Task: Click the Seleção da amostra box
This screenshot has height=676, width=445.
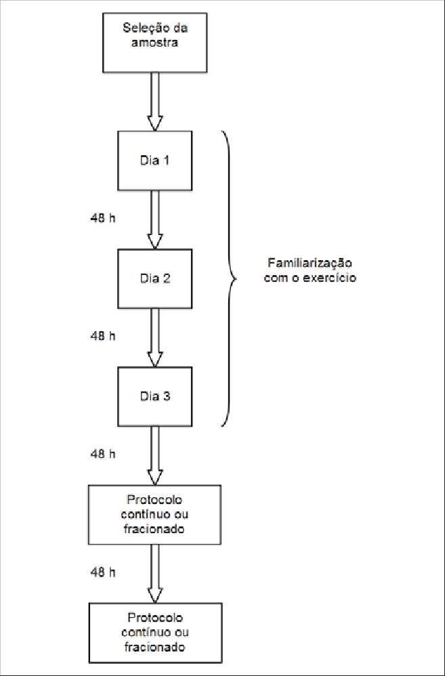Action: click(154, 41)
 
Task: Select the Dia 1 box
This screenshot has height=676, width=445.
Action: click(155, 161)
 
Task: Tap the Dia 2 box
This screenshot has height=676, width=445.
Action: click(155, 278)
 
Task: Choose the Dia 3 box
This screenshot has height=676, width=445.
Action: click(155, 396)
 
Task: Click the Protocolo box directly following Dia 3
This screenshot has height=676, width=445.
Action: click(154, 514)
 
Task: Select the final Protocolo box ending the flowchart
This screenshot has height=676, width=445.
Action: click(154, 632)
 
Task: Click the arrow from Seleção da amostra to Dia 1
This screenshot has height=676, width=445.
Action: click(155, 102)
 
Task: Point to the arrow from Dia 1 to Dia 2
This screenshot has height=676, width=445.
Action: click(155, 220)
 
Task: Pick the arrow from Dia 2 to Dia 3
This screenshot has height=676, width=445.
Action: click(155, 337)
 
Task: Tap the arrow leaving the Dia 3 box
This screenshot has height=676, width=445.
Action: click(155, 455)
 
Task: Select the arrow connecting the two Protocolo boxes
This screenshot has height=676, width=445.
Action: click(155, 573)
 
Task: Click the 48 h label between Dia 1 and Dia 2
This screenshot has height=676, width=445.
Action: click(103, 218)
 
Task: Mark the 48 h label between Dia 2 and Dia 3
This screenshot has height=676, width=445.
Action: click(103, 336)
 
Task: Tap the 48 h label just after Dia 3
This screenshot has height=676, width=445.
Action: click(103, 454)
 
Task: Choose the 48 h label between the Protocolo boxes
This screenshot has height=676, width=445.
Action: click(103, 572)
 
